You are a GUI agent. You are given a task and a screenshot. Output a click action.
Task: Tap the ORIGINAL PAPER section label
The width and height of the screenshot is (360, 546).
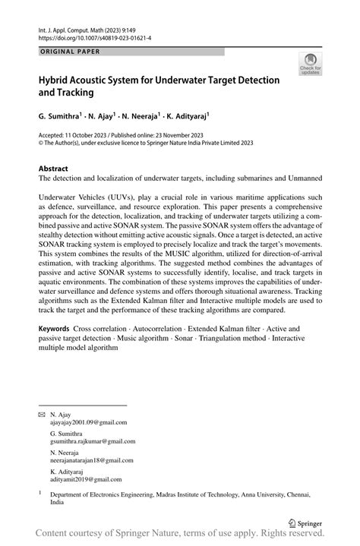[x=68, y=52]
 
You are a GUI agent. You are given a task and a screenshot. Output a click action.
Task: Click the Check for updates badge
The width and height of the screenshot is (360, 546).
[x=310, y=65]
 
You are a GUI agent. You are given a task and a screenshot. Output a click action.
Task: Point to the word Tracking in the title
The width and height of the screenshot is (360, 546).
[x=75, y=93]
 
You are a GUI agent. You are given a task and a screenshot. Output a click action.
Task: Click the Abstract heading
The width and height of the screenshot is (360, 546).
[x=55, y=167]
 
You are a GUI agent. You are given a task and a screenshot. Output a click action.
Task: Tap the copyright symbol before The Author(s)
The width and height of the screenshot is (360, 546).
[x=41, y=141]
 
